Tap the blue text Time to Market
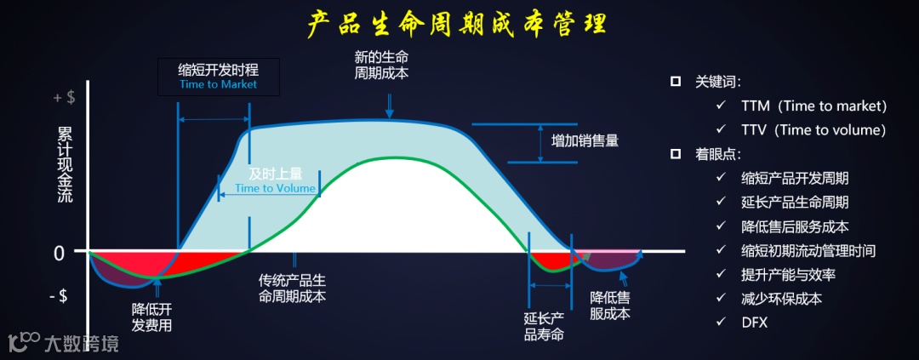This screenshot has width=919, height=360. (x=218, y=85)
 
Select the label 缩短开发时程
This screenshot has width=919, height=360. (x=218, y=71)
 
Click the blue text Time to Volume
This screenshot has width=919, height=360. (x=275, y=188)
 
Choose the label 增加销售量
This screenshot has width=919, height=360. (x=585, y=141)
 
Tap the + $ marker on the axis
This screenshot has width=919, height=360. (x=64, y=97)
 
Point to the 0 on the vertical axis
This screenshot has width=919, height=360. (x=59, y=253)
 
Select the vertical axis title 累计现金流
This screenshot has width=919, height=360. (x=65, y=165)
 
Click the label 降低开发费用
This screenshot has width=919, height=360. (x=152, y=316)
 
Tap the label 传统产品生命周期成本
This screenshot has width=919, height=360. (x=293, y=288)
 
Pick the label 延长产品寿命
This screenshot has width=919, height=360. (x=544, y=326)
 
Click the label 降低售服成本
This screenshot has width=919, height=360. (x=610, y=306)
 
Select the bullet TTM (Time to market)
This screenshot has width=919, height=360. (x=813, y=106)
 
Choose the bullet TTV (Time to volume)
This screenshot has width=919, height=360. (x=813, y=130)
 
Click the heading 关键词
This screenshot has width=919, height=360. (x=718, y=83)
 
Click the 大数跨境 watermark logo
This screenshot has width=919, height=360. (x=63, y=342)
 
